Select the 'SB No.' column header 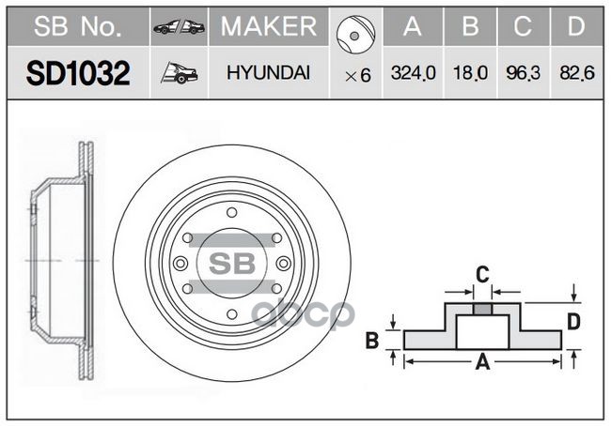pos(77,28)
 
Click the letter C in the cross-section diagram pos(480,275)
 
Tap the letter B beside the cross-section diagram pos(372,341)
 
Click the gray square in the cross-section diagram pos(481,311)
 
